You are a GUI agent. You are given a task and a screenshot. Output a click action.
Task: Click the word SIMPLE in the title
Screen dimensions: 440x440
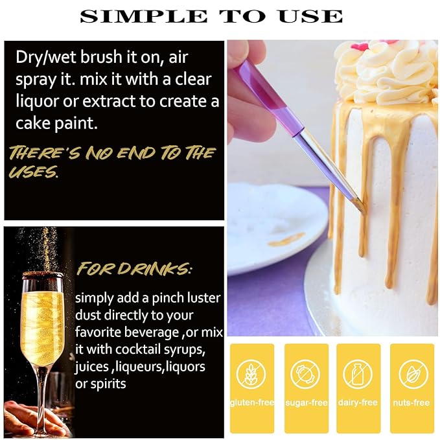point(144,16)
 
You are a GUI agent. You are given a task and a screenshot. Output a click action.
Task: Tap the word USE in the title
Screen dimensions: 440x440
point(310,16)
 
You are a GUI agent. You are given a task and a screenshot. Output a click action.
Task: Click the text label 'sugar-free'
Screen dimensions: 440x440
point(307,402)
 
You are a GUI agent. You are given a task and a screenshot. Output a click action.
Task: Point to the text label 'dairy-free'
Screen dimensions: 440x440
point(358,402)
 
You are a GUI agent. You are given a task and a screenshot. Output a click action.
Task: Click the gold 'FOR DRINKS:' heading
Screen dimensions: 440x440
point(134,268)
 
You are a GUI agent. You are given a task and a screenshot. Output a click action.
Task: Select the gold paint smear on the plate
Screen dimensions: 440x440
point(286,239)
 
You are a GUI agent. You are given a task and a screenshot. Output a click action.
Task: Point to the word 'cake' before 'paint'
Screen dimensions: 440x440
point(33,123)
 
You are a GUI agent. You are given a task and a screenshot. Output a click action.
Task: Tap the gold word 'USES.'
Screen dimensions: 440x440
point(34,172)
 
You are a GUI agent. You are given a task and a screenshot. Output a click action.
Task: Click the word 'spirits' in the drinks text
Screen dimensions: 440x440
point(108,384)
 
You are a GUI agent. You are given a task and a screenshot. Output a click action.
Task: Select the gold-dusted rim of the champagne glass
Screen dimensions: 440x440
point(42,274)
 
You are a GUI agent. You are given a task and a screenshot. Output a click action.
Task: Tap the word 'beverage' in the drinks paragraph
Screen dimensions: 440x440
point(152,333)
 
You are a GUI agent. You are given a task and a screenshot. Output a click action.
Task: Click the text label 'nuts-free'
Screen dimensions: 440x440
point(411,402)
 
